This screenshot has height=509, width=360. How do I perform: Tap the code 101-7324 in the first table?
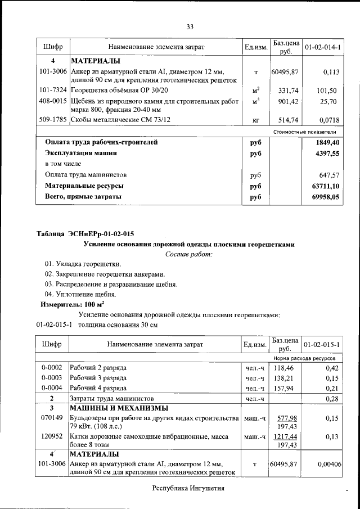click(52, 91)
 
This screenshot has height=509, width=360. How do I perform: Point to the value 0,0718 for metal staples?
click(328, 120)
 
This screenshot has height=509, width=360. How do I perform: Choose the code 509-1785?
click(52, 120)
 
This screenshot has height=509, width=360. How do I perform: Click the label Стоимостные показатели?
click(304, 132)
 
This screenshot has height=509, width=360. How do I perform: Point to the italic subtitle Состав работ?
click(188, 255)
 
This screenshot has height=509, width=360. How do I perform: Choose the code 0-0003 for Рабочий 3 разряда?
click(52, 378)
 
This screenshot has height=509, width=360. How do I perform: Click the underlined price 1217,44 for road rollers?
click(285, 436)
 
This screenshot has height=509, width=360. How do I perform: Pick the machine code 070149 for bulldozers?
click(52, 418)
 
